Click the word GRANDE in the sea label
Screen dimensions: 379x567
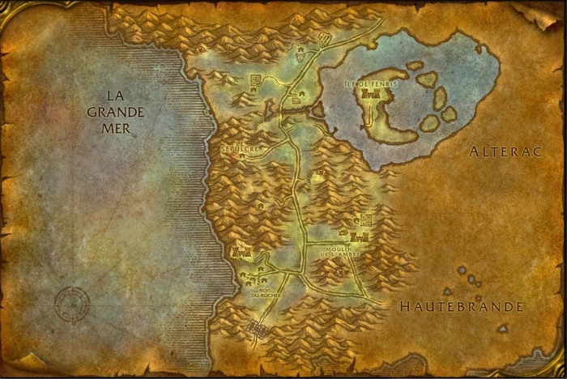[116, 112]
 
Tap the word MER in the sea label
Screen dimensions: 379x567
[116, 128]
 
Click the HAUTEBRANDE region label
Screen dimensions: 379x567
[462, 307]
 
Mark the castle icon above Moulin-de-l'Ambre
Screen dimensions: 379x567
[361, 236]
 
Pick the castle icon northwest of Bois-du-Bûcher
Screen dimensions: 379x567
[241, 252]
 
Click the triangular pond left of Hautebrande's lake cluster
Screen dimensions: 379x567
[446, 291]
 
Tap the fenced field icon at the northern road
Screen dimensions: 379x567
[325, 38]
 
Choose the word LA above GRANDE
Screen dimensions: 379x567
[116, 96]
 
